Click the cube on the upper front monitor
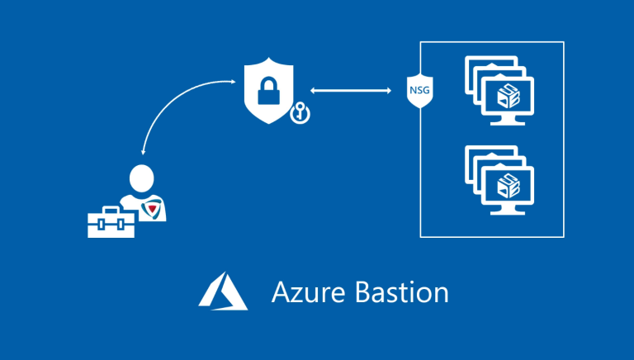click(x=505, y=96)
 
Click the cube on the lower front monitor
click(x=505, y=186)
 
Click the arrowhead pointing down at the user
click(x=144, y=151)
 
